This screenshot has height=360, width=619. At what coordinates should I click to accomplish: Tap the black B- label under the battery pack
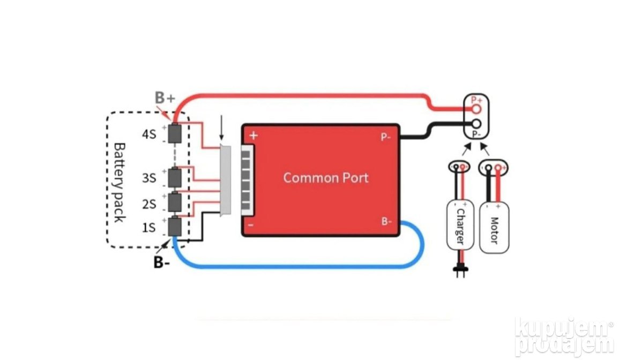click(x=161, y=262)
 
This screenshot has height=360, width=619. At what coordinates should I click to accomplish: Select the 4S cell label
click(x=149, y=134)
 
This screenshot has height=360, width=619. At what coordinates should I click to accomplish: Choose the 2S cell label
click(x=149, y=204)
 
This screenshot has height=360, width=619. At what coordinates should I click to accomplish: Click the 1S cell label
click(x=149, y=228)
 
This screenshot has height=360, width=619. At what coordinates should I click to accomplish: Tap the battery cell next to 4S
click(x=175, y=133)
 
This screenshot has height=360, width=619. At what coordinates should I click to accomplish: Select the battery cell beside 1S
click(x=175, y=227)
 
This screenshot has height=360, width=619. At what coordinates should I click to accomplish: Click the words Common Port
click(x=326, y=178)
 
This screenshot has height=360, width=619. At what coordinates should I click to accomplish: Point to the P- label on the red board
click(x=386, y=137)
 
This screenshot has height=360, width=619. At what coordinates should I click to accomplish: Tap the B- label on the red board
click(x=386, y=221)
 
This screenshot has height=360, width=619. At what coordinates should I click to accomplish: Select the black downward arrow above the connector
click(x=221, y=132)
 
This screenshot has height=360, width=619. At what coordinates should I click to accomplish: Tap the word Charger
click(x=460, y=227)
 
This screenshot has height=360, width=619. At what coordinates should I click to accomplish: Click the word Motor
click(x=494, y=229)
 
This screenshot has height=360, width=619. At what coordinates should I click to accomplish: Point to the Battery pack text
click(x=120, y=182)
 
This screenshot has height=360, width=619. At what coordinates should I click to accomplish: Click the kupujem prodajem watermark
click(x=564, y=337)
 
